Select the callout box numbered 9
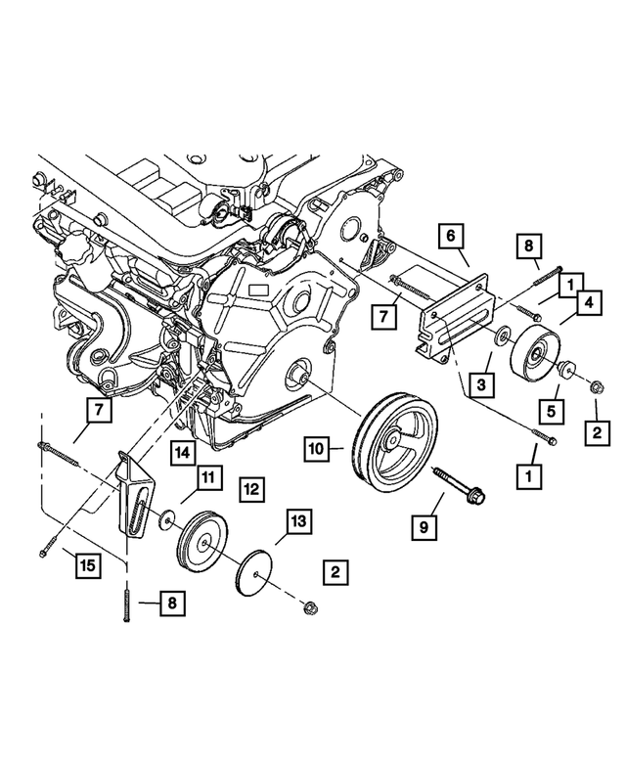[x=424, y=527]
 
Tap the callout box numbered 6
[x=451, y=236]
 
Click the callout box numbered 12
[x=250, y=486]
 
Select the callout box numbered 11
[x=206, y=477]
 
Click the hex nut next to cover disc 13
[x=310, y=607]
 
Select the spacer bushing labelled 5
[x=565, y=370]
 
